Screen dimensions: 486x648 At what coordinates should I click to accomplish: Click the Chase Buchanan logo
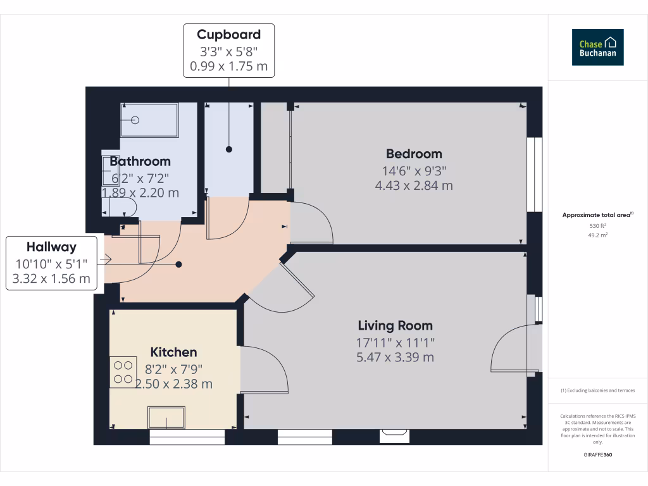click(597, 47)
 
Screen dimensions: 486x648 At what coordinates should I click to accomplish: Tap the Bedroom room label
click(414, 154)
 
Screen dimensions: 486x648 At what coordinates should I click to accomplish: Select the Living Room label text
click(395, 326)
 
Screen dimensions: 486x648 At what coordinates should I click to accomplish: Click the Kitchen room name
click(173, 352)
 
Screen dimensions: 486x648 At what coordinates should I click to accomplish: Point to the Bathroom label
click(140, 161)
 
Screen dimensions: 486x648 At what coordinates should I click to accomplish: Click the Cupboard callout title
click(228, 34)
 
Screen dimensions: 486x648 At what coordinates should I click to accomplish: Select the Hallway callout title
click(51, 247)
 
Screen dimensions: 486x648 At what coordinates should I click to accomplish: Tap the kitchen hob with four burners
click(123, 372)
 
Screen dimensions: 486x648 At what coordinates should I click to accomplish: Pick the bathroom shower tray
click(150, 120)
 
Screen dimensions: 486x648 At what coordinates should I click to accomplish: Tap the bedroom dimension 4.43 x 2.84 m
click(414, 185)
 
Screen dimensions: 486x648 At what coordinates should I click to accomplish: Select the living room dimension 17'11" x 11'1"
click(395, 342)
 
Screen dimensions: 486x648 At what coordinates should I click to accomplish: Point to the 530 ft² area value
click(597, 225)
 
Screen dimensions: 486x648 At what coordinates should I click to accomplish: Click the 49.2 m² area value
click(597, 235)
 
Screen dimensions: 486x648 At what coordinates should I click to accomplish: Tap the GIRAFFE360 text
click(597, 455)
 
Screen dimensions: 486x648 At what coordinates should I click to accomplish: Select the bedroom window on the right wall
click(535, 174)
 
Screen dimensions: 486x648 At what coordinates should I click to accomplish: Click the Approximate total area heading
click(597, 215)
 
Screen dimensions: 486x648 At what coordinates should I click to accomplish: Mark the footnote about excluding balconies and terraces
click(597, 390)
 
